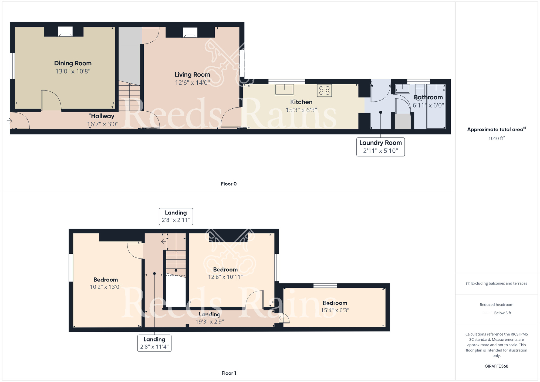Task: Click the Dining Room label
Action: (x=73, y=63)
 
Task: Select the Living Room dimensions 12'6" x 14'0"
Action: (x=192, y=83)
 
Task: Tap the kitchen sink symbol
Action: (x=284, y=89)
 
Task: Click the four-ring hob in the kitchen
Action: (x=324, y=91)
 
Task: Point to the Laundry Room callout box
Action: (x=380, y=147)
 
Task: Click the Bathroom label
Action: (x=428, y=97)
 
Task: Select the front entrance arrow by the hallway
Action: (x=9, y=120)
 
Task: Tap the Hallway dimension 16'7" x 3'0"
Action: (x=103, y=124)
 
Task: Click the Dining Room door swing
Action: (x=51, y=100)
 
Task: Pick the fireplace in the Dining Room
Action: (x=65, y=32)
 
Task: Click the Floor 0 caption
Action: (x=229, y=184)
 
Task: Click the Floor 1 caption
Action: (x=229, y=373)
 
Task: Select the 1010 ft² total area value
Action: (x=496, y=138)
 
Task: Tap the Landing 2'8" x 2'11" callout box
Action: (x=176, y=216)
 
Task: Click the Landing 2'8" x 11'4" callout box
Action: (x=154, y=343)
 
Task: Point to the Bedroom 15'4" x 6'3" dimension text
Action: (x=335, y=310)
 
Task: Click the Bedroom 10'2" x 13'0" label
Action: (x=106, y=280)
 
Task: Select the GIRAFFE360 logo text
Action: (x=496, y=366)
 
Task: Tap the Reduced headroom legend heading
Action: (x=496, y=304)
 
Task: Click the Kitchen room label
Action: (x=301, y=102)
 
